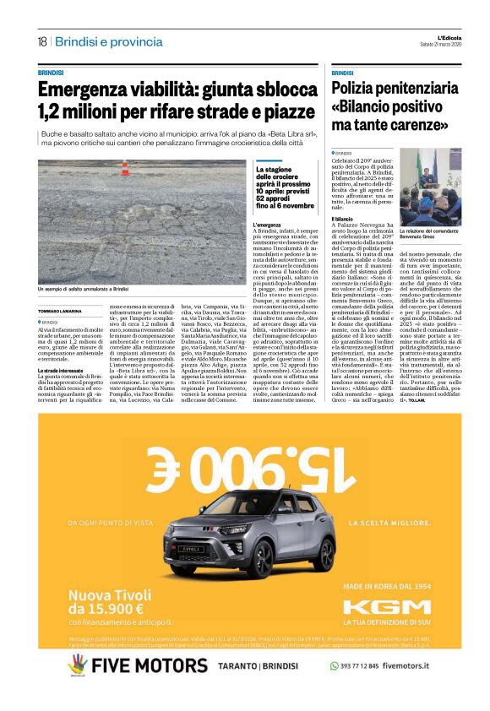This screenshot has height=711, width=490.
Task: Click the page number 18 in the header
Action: pos(41,41)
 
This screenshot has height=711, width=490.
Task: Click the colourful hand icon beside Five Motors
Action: pos(78,664)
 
